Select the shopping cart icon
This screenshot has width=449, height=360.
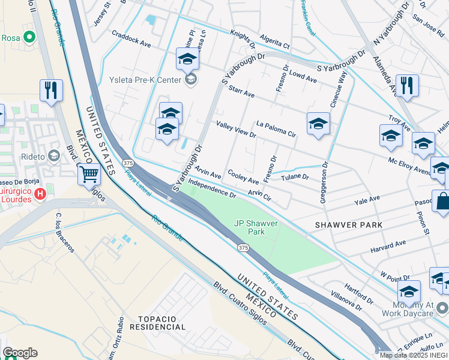pyautogui.click(x=89, y=174)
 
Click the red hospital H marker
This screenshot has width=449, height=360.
pyautogui.click(x=40, y=193)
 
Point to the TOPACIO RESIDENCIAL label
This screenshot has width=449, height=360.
pyautogui.click(x=161, y=323)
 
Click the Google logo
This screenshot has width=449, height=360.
pyautogui.click(x=19, y=353)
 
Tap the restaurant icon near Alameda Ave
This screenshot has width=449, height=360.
pyautogui.click(x=408, y=85)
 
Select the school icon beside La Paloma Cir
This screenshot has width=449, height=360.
pyautogui.click(x=318, y=124)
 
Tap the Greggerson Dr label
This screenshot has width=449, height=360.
pyautogui.click(x=324, y=181)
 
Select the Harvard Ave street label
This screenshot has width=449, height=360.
pyautogui.click(x=388, y=246)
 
